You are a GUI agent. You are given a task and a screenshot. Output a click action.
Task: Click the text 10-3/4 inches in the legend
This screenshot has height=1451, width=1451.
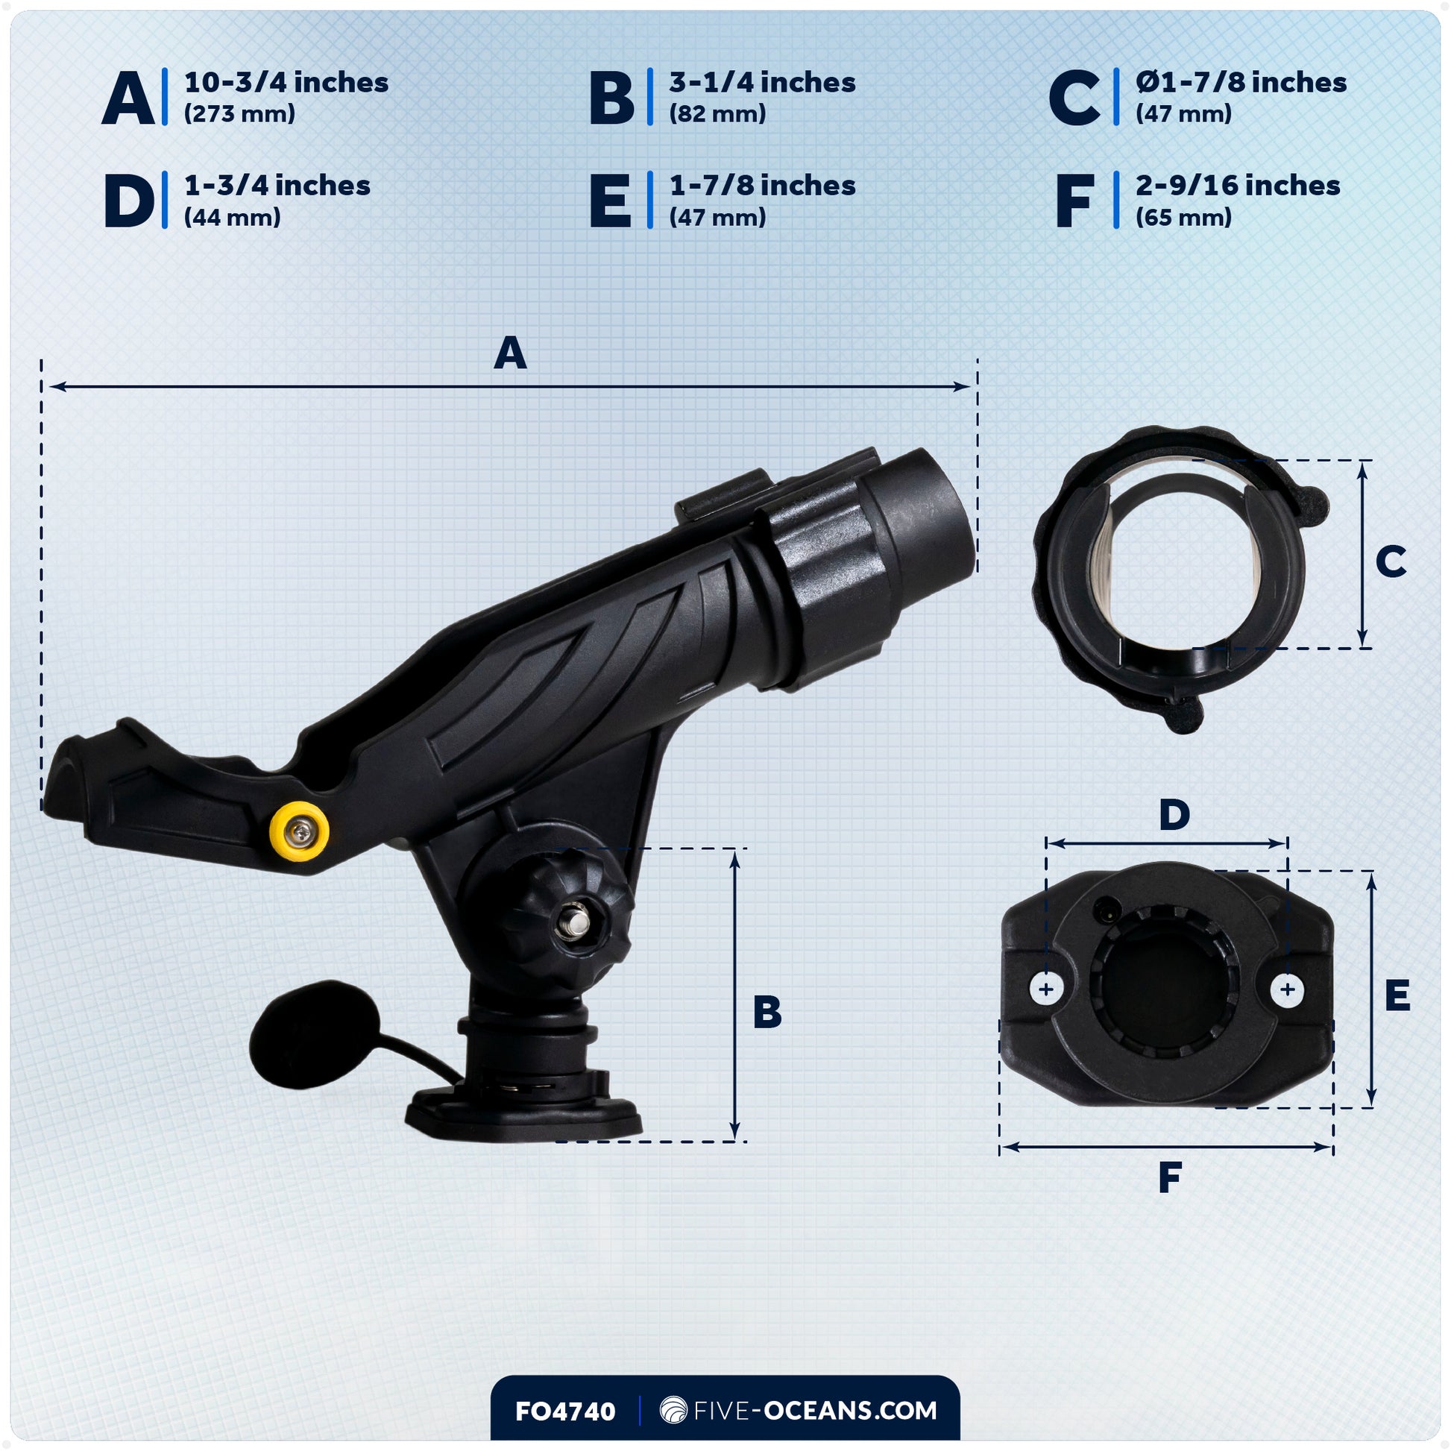(x=286, y=82)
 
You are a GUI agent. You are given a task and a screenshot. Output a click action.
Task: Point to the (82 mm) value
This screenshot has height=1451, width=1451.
(x=717, y=113)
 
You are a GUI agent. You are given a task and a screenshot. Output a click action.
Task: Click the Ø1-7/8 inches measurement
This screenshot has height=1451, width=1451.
(x=1241, y=82)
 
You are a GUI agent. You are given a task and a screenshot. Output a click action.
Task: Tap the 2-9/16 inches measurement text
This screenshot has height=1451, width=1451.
(x=1238, y=185)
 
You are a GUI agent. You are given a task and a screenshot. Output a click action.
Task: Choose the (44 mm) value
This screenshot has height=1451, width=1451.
(x=232, y=217)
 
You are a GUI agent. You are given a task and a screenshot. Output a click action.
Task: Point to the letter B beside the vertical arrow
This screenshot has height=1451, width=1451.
(x=767, y=1012)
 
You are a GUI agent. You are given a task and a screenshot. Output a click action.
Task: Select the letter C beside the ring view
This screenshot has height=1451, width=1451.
(x=1390, y=561)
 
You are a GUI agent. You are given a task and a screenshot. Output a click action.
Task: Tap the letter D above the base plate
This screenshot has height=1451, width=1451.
(x=1174, y=814)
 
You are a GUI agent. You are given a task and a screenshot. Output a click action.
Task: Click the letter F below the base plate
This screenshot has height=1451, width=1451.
(x=1170, y=1177)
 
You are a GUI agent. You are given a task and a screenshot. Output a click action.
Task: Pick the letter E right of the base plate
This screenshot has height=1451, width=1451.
(x=1397, y=997)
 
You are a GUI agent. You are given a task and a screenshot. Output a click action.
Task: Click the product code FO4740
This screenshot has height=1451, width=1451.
(x=564, y=1412)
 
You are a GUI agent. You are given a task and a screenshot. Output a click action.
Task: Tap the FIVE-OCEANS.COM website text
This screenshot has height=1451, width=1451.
(x=815, y=1411)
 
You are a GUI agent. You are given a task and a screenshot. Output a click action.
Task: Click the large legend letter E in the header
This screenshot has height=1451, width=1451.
(x=611, y=201)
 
